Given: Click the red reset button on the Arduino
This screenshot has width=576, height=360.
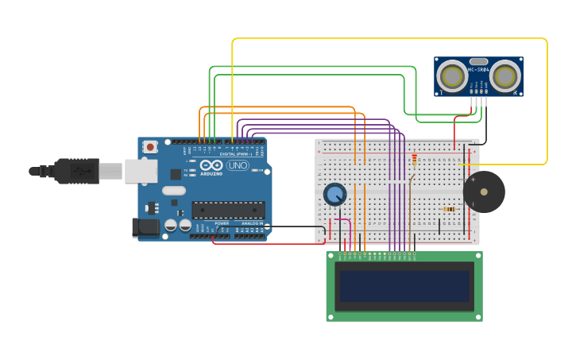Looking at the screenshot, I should (x=150, y=147).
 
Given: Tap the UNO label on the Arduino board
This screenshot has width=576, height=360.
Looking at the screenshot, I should (x=238, y=165).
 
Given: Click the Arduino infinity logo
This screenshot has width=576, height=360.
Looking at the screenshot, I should (x=210, y=166).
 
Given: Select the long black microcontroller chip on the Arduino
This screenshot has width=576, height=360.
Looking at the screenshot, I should (x=228, y=210).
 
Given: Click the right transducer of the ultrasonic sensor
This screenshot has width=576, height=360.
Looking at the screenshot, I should (x=504, y=76).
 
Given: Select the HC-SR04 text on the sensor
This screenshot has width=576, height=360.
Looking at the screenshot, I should (x=479, y=69).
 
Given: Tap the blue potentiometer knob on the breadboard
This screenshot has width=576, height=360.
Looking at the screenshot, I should (x=335, y=194).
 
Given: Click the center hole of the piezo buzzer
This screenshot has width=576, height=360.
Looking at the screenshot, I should (x=484, y=192).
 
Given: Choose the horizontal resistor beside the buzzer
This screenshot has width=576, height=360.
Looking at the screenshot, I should (x=449, y=210).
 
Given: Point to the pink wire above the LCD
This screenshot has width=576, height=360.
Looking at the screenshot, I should (x=342, y=221).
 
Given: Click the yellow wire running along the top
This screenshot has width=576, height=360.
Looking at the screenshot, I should (x=389, y=38).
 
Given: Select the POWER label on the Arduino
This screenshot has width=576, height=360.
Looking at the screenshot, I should (x=222, y=223).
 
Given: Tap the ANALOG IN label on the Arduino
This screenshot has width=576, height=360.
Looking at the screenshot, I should (x=252, y=223).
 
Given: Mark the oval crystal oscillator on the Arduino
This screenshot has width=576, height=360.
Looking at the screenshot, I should (x=173, y=191).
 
